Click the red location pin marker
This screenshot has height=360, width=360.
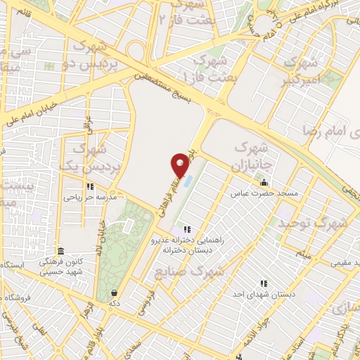(181, 164)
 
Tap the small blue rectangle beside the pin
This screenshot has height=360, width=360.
(188, 181)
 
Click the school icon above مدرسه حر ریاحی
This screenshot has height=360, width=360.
(90, 186)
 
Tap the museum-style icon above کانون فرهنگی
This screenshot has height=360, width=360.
(61, 251)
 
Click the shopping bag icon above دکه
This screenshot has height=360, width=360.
(114, 292)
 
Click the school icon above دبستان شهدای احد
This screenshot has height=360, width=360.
(264, 283)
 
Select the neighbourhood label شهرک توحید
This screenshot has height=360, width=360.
(311, 224)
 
